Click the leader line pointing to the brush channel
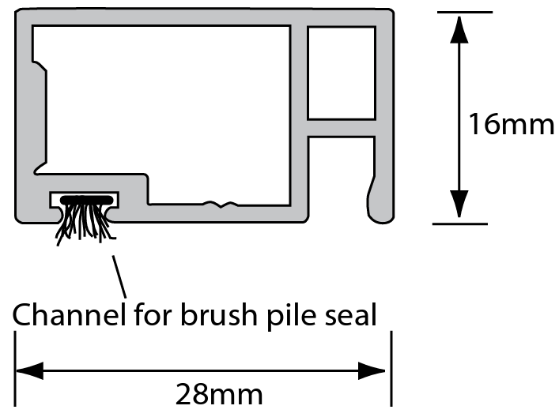point(119,272)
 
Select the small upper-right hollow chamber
point(341,72)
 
